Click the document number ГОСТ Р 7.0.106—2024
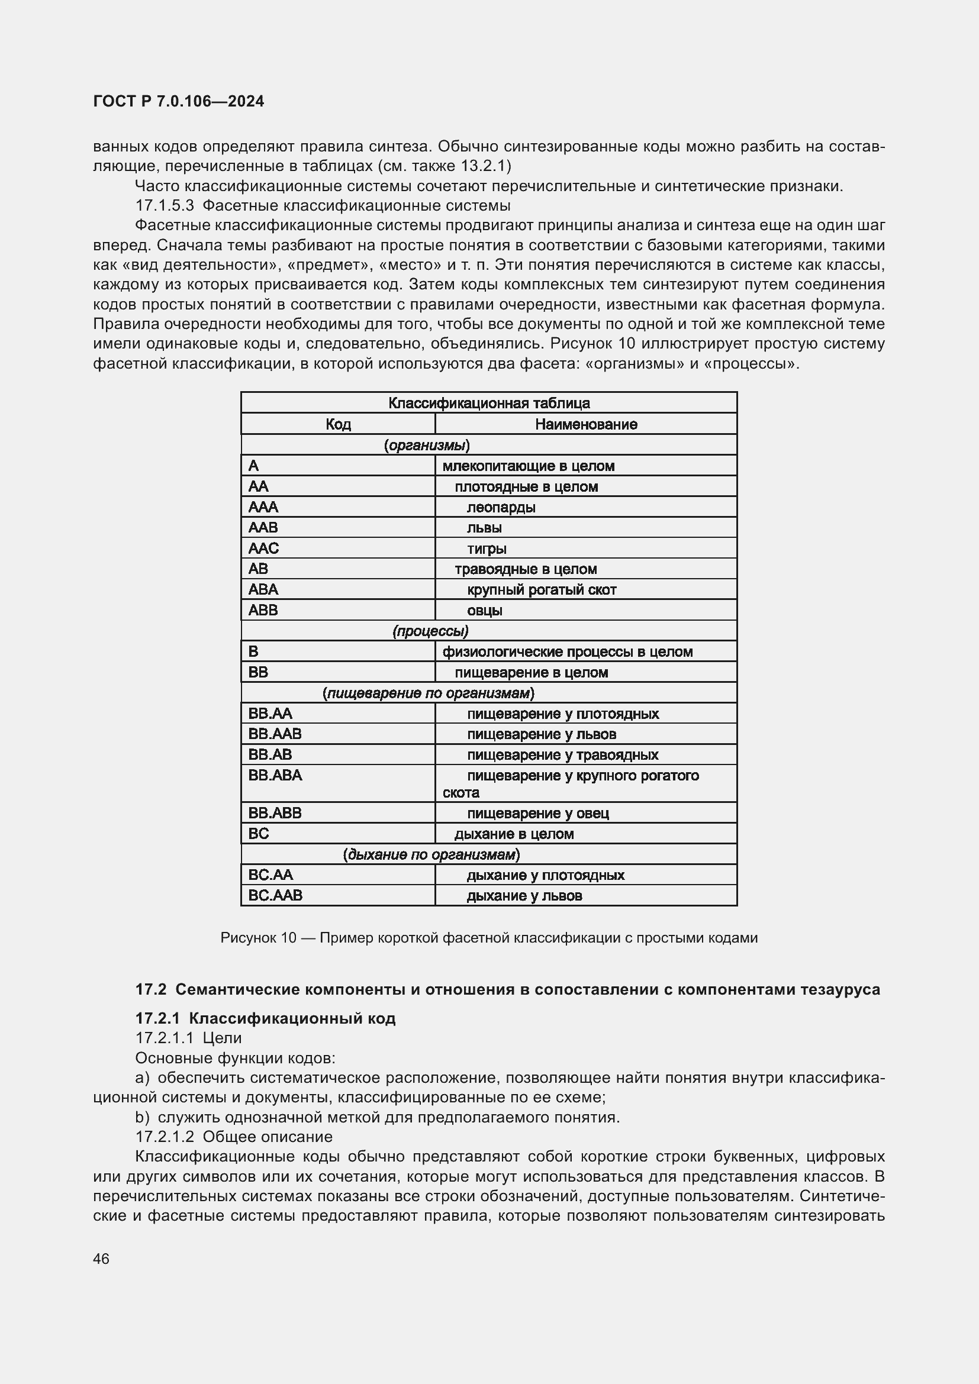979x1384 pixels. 178,101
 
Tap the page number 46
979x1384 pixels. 101,1259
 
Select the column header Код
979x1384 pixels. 337,424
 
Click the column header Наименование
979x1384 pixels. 585,424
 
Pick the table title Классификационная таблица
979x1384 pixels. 488,403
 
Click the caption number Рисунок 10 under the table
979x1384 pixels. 258,937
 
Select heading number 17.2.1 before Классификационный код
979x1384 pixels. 157,1018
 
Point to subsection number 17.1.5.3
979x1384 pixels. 165,205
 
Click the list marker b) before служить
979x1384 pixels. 142,1117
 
